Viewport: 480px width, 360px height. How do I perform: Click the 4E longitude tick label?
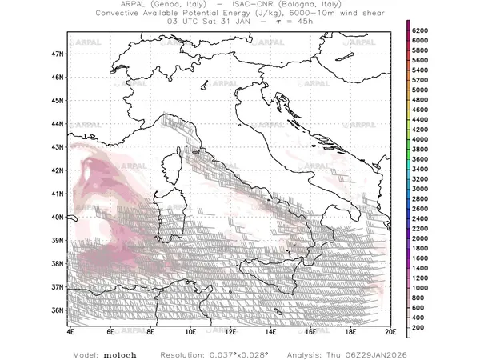(x=71, y=330)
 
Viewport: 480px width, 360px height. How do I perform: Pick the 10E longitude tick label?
(x=190, y=330)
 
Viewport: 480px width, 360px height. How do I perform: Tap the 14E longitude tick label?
(x=270, y=330)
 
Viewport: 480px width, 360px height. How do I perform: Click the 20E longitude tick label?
(x=390, y=330)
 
